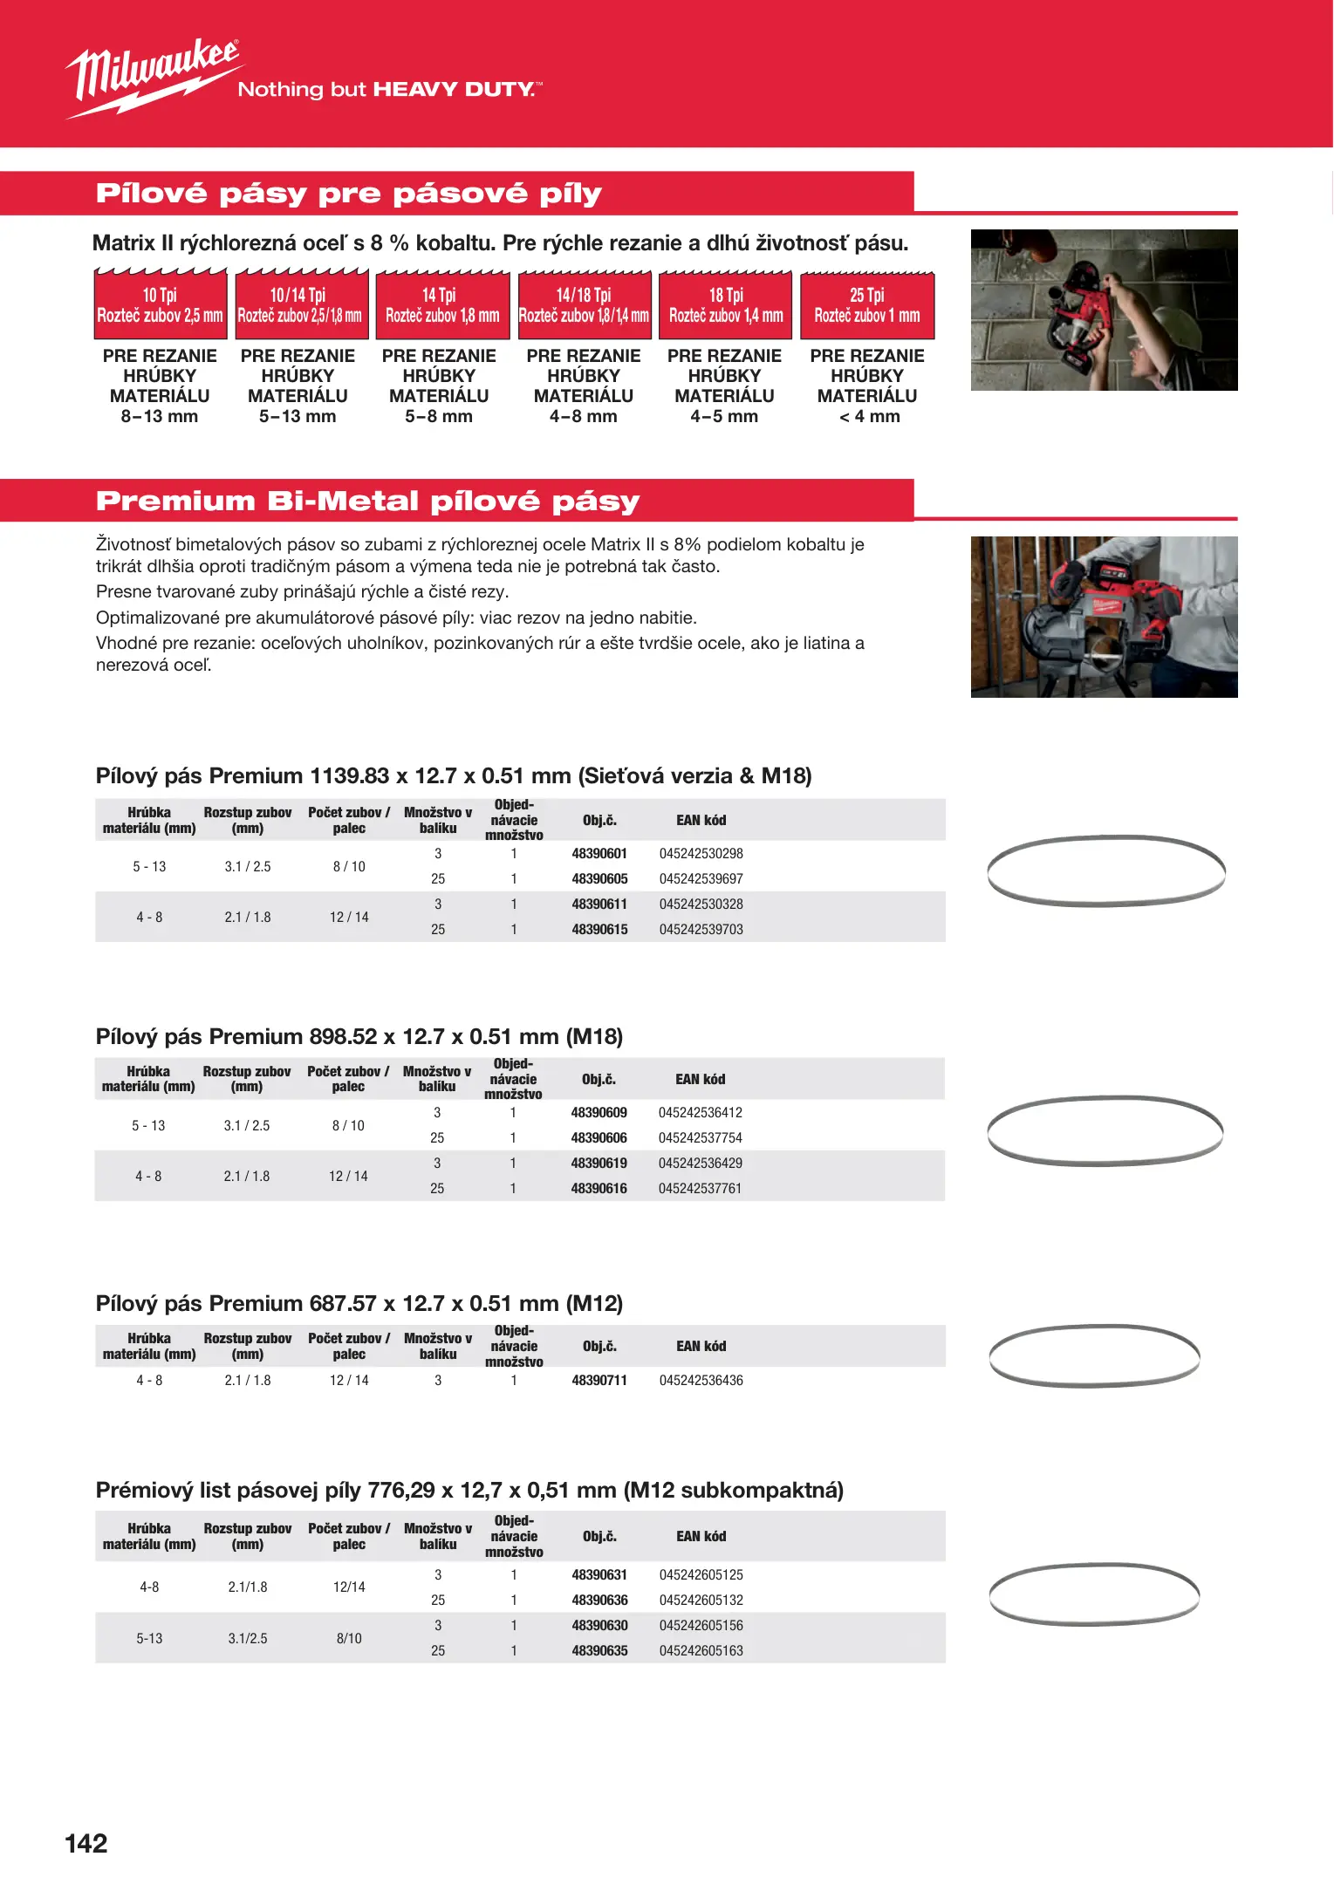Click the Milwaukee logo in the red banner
point(153,76)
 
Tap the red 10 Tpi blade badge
point(161,305)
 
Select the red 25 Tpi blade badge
point(867,305)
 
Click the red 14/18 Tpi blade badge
point(585,305)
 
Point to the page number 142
point(86,1843)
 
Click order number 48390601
point(599,853)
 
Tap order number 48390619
point(599,1163)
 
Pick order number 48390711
point(599,1380)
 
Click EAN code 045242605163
point(701,1650)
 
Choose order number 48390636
point(599,1600)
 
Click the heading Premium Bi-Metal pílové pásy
point(367,501)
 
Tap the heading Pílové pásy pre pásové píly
point(348,193)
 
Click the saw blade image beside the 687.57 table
point(1095,1355)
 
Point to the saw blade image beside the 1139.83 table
point(1106,870)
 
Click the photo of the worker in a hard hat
point(1104,310)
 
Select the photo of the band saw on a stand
point(1104,617)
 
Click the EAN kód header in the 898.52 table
point(700,1079)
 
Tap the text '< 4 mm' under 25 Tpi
point(869,416)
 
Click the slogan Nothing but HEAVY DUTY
point(389,89)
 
